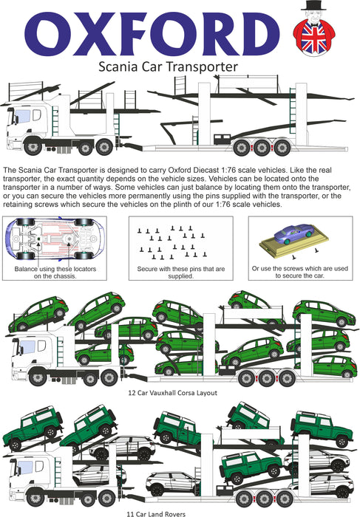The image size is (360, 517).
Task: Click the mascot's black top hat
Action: click(x=313, y=6)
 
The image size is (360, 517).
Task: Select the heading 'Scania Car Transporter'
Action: click(x=169, y=66)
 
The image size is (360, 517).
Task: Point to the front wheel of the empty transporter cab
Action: click(x=33, y=147)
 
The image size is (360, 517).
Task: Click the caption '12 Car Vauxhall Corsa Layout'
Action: click(x=172, y=393)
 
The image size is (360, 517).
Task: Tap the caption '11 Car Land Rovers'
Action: click(x=156, y=513)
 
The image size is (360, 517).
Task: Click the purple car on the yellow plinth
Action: click(x=293, y=233)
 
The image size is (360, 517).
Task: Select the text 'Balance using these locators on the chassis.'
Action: click(x=55, y=273)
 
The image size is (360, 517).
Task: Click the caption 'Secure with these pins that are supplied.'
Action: click(x=181, y=273)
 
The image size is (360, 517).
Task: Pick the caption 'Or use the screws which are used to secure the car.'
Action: click(x=300, y=272)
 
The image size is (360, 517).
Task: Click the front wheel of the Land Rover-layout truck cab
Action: click(x=35, y=498)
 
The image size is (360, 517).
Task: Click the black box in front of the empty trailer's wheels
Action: click(x=222, y=139)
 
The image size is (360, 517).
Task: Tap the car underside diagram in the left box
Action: click(x=55, y=238)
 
